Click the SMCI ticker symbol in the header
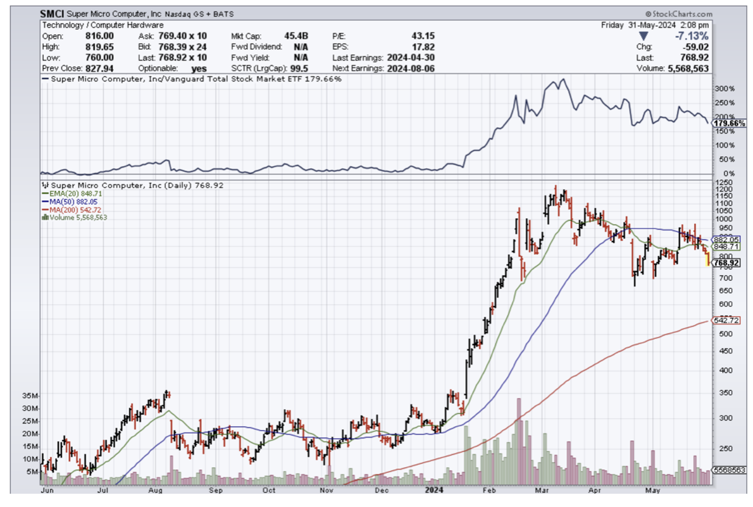[x=53, y=14]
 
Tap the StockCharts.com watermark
[x=679, y=14]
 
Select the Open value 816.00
[x=100, y=36]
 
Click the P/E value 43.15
[x=424, y=36]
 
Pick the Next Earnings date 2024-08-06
[x=412, y=67]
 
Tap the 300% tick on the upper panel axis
[x=725, y=89]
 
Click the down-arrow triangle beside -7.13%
[x=644, y=36]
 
